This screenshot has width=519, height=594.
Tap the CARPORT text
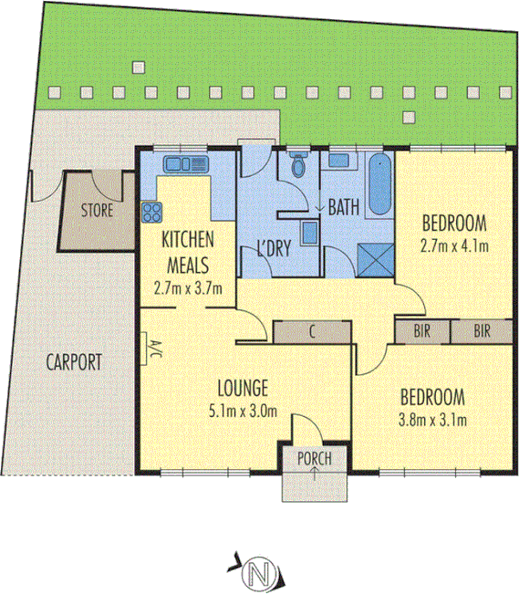point(75,361)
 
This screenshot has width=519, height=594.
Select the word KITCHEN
point(187,240)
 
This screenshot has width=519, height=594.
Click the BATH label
point(343,208)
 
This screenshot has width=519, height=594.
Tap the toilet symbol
point(296,167)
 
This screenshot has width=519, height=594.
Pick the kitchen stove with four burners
point(151,213)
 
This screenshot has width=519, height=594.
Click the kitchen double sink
point(185,164)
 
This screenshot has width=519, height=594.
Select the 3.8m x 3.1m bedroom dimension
point(433,421)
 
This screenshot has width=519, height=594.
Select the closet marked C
point(312,331)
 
